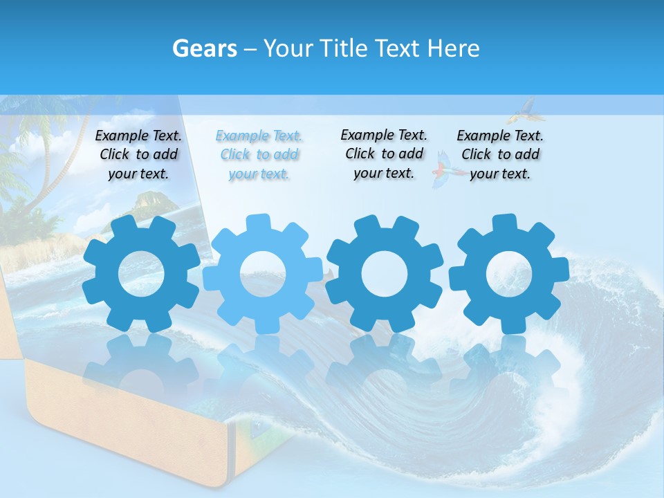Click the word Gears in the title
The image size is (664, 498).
(x=203, y=48)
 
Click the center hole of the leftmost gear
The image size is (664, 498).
(x=141, y=274)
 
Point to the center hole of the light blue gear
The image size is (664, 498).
(x=263, y=274)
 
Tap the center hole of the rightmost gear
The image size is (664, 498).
(x=508, y=274)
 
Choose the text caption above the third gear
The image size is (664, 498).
(x=384, y=154)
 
